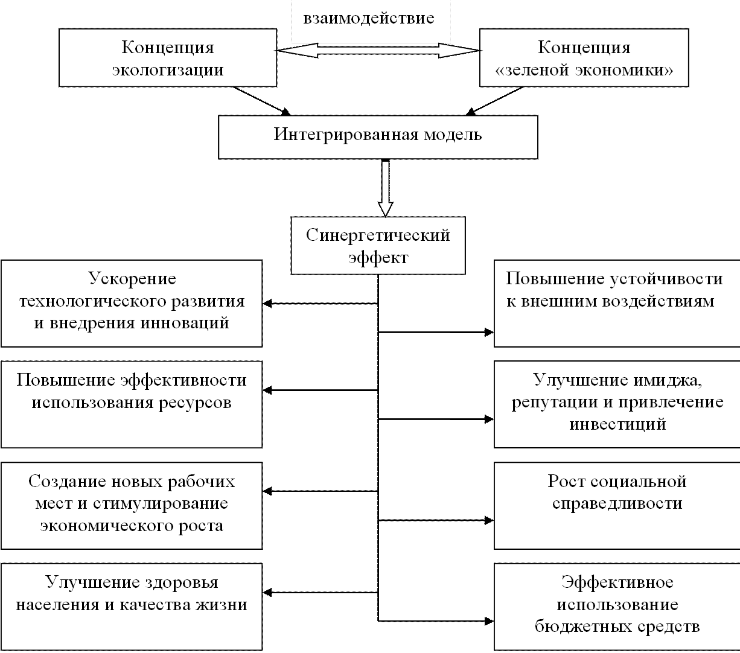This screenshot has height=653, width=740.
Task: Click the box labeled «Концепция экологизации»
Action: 168,59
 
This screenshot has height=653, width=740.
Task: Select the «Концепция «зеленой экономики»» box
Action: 584,59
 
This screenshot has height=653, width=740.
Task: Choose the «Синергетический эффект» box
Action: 378,246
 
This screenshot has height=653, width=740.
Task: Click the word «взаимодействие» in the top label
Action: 370,18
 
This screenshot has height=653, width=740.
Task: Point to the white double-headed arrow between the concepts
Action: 378,52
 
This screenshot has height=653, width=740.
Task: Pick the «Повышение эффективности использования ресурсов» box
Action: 132,404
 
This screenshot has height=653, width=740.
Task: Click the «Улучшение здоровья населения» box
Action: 132,605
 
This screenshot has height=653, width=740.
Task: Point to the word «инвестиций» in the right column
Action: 617,424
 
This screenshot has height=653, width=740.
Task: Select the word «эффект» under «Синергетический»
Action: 378,258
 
